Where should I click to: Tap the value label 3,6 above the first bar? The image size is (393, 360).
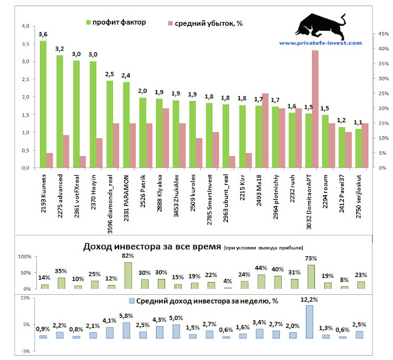point(43,34)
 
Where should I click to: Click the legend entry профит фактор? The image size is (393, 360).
point(115,22)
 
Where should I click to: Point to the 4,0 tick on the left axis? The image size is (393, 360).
point(25,26)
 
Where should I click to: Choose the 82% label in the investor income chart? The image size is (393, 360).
point(128,256)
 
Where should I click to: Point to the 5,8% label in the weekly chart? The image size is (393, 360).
point(126,316)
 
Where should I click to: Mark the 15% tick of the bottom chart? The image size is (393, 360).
point(25,298)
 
